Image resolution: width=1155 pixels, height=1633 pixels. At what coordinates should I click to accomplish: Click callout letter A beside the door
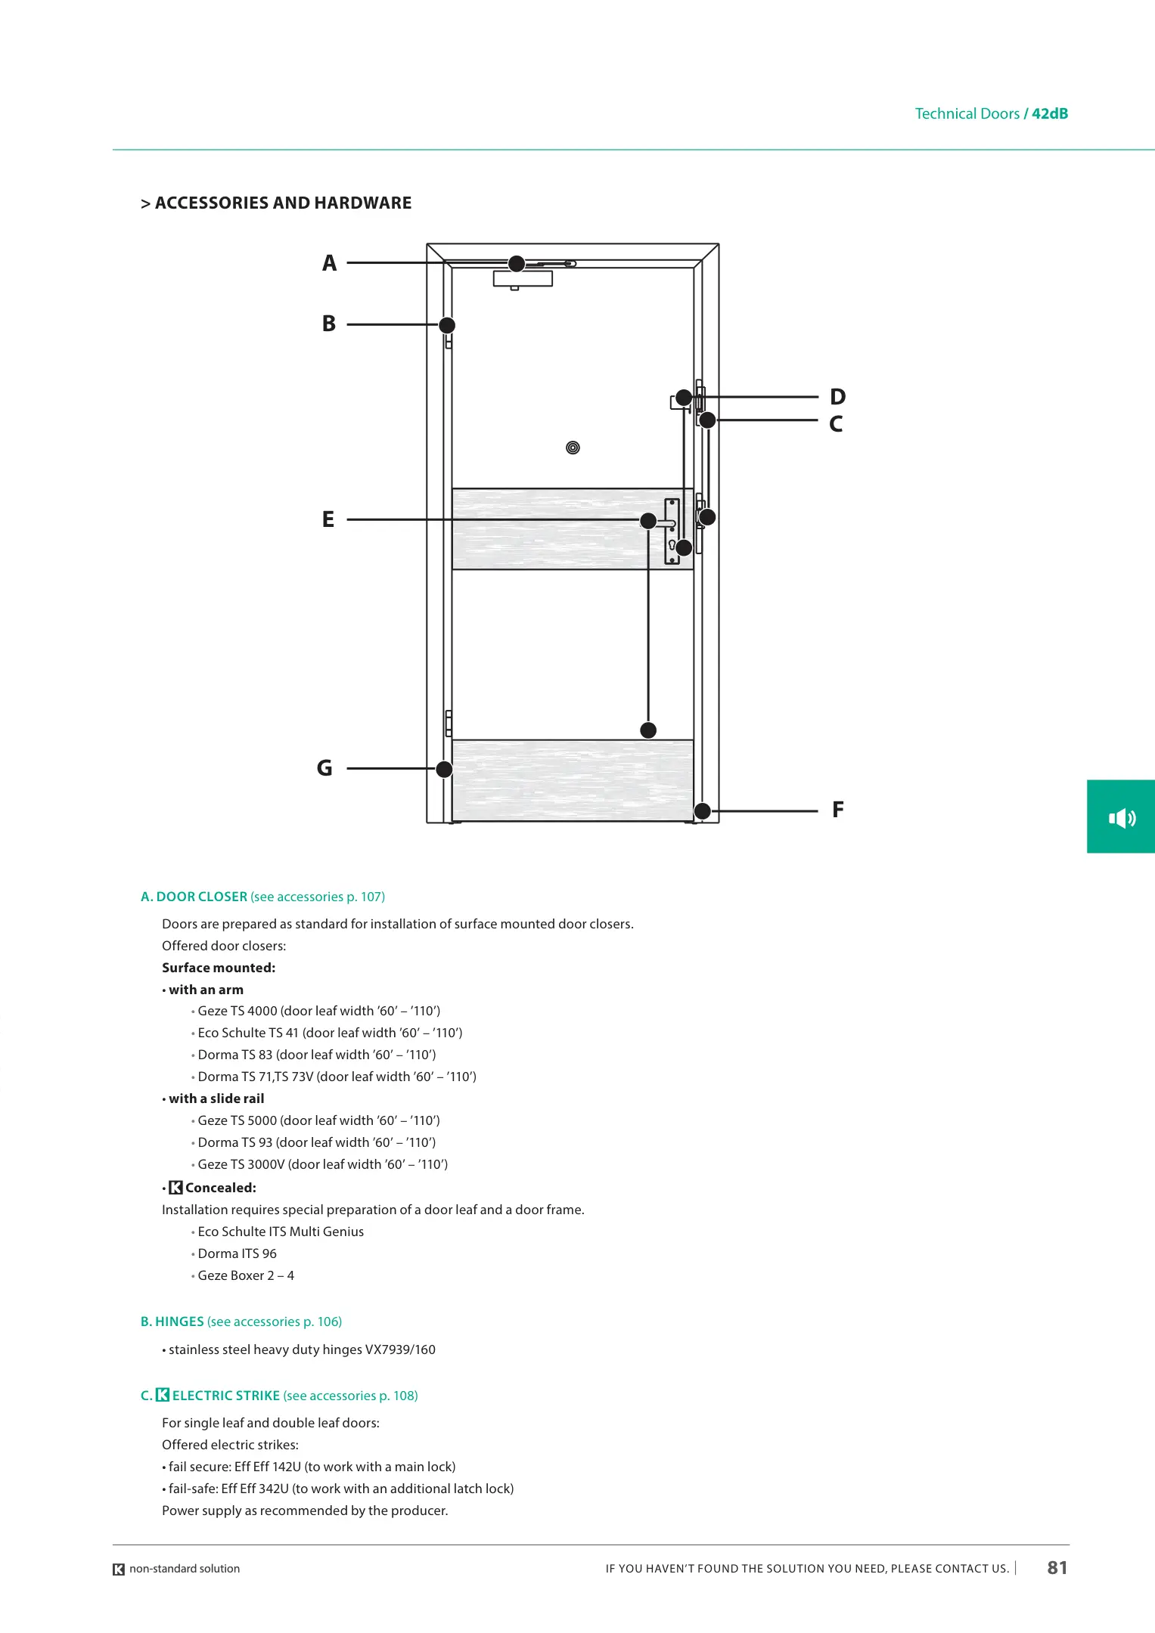329,263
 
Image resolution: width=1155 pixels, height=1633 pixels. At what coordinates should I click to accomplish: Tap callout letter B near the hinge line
329,324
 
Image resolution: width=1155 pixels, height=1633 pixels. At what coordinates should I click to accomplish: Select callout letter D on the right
837,397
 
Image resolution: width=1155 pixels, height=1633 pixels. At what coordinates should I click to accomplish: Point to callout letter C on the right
836,424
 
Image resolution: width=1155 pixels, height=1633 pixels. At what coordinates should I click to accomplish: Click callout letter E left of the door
328,519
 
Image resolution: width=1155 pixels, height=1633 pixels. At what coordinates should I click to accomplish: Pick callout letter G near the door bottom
324,768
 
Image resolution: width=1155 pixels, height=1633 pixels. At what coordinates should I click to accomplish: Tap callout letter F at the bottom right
837,810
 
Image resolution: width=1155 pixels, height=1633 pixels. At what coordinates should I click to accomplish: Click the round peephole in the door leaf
573,448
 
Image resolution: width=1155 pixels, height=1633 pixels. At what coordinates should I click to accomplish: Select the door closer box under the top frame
523,279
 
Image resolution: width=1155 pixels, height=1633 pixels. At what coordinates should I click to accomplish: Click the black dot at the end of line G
445,769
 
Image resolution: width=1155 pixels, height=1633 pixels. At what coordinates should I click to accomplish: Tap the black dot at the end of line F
703,811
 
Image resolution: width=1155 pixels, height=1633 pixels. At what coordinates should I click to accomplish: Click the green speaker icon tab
1122,817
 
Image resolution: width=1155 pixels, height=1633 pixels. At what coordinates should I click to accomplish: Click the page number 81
1057,1568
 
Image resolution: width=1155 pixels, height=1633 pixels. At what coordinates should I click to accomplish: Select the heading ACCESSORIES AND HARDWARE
283,203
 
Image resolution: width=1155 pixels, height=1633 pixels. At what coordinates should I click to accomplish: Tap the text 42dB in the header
1050,113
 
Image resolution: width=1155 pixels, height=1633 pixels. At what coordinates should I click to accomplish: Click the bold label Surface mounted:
219,968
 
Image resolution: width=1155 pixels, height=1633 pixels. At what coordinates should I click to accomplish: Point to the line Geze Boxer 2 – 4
246,1275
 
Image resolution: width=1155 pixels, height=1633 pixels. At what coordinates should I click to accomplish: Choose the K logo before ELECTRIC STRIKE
163,1395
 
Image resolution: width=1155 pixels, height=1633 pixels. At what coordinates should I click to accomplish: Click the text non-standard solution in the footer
185,1569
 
